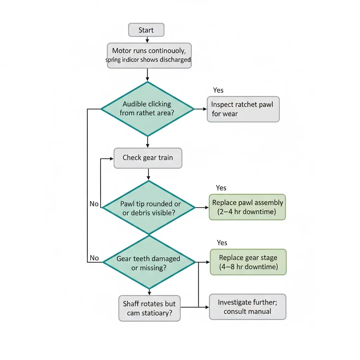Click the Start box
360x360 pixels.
coord(146,30)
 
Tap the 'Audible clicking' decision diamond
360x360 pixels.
coord(147,109)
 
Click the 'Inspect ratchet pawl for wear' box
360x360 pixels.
coord(243,109)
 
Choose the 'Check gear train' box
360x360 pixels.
coord(148,157)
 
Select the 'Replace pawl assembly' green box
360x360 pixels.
coord(247,207)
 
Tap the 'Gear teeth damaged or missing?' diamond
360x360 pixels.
coord(149,262)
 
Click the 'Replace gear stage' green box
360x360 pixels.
coord(248,262)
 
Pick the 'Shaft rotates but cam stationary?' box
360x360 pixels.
coord(149,308)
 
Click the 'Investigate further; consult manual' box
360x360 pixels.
coord(247,307)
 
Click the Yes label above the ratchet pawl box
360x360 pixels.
coord(218,90)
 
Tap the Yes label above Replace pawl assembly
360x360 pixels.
coord(221,188)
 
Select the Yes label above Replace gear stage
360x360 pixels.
coord(222,243)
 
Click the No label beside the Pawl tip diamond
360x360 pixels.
coord(94,204)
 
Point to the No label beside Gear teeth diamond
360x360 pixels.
coord(94,258)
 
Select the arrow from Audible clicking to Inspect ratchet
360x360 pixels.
coord(200,109)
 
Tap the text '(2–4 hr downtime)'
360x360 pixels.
coord(247,212)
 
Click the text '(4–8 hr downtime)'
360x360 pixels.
coord(248,267)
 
